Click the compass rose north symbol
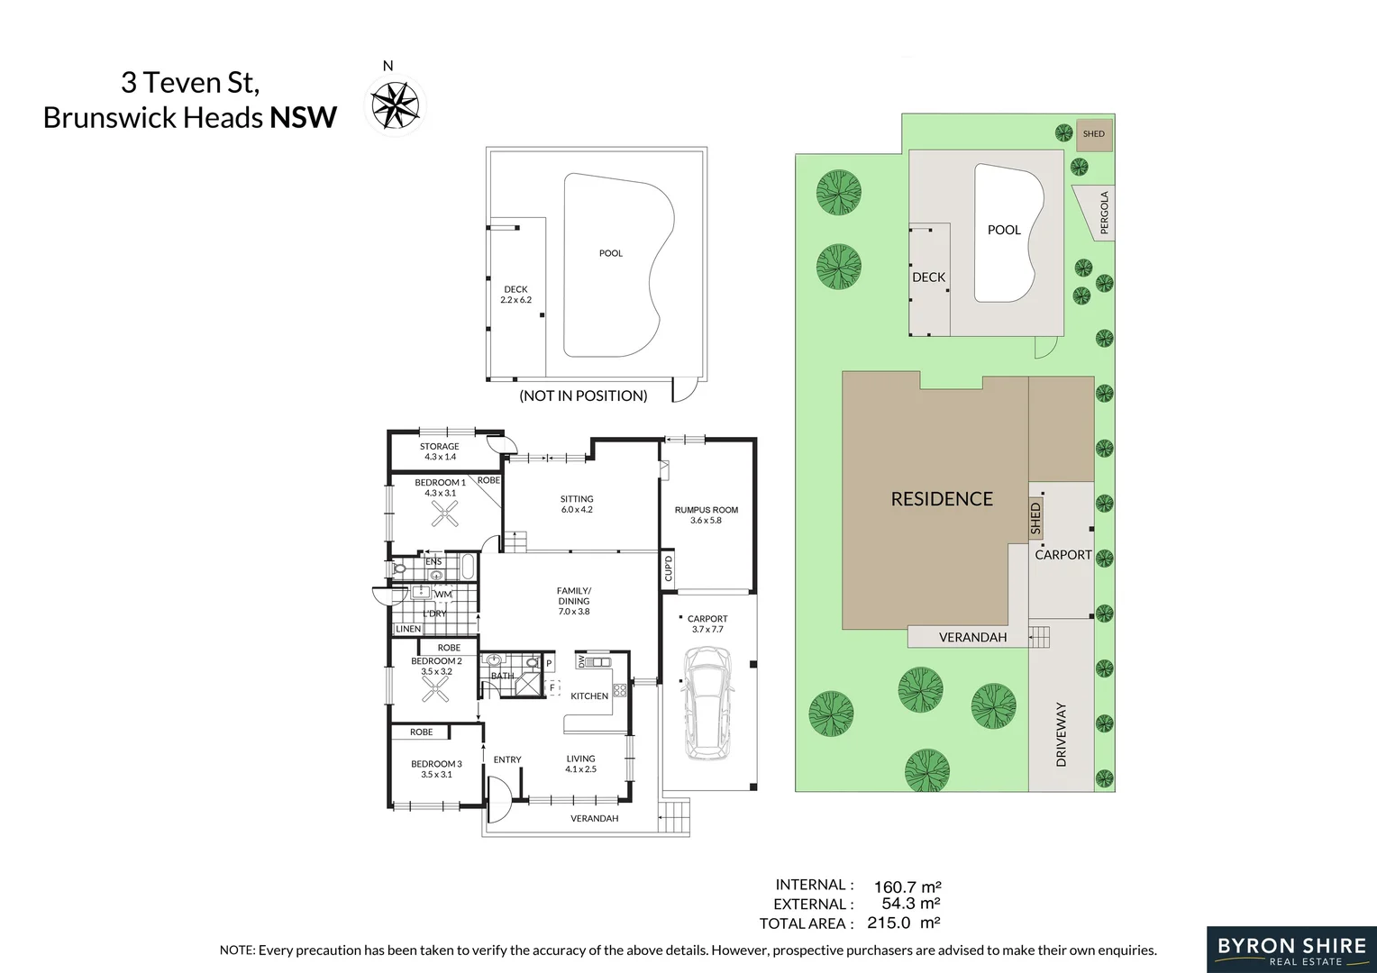[x=396, y=105]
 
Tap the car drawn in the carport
[x=707, y=704]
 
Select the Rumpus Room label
[x=707, y=510]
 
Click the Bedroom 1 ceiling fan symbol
[x=444, y=514]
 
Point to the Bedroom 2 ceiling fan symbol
[x=436, y=689]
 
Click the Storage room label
[x=440, y=446]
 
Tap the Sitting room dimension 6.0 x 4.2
[x=577, y=510]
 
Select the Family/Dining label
[x=574, y=596]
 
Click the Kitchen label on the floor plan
[x=589, y=696]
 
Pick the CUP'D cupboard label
[x=668, y=568]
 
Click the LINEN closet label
[x=408, y=629]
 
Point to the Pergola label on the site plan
[x=1104, y=213]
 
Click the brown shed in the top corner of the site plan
[x=1094, y=134]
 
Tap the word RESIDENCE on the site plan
[x=942, y=498]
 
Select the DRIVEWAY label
[x=1061, y=734]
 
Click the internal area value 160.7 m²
[x=907, y=887]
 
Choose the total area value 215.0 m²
[x=904, y=923]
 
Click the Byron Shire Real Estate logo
[x=1291, y=950]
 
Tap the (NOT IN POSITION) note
[x=583, y=396]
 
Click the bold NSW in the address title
[x=303, y=117]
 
